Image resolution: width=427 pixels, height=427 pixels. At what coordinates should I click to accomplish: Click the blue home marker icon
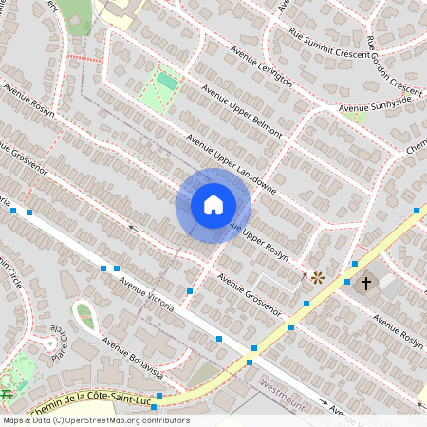(x=213, y=205)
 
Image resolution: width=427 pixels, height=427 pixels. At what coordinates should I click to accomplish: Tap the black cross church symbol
(x=365, y=282)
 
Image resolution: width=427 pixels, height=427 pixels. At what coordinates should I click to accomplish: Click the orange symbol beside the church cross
(x=318, y=278)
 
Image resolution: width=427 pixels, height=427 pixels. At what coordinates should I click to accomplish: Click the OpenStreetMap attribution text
(x=95, y=420)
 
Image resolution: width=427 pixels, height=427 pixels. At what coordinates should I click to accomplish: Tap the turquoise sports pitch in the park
(x=167, y=82)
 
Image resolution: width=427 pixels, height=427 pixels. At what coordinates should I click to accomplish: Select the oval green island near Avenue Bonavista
(x=85, y=316)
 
